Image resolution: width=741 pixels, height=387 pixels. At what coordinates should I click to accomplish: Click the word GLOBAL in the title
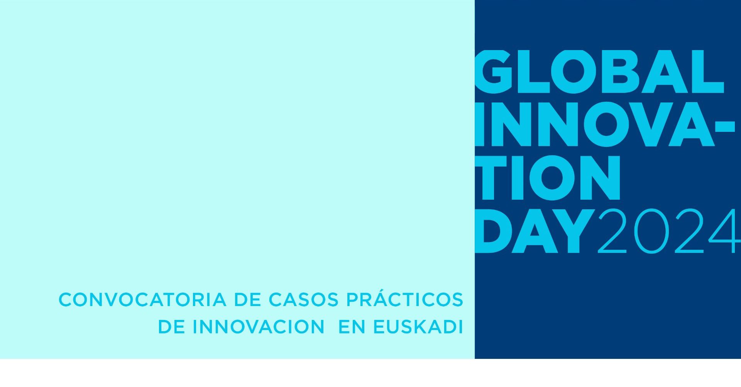pyautogui.click(x=599, y=72)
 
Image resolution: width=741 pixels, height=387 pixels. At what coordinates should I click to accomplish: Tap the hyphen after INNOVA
pyautogui.click(x=725, y=126)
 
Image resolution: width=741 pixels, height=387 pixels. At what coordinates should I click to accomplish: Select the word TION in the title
pyautogui.click(x=548, y=178)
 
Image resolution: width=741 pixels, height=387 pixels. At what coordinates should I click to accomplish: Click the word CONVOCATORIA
pyautogui.click(x=142, y=300)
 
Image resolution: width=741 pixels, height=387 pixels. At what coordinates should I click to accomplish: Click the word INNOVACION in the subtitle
pyautogui.click(x=259, y=327)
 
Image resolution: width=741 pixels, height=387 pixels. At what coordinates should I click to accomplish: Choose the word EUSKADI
pyautogui.click(x=418, y=327)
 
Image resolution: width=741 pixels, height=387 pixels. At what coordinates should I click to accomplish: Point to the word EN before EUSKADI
pyautogui.click(x=352, y=327)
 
